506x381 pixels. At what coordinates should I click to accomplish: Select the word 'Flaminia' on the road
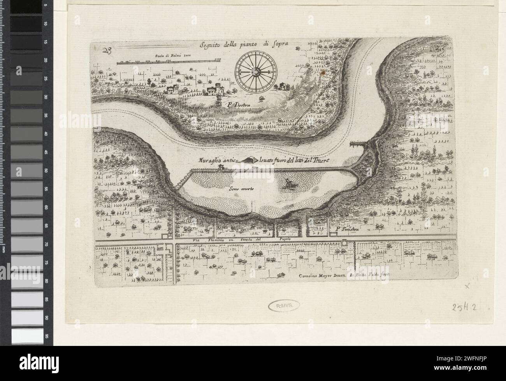[220, 240]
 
